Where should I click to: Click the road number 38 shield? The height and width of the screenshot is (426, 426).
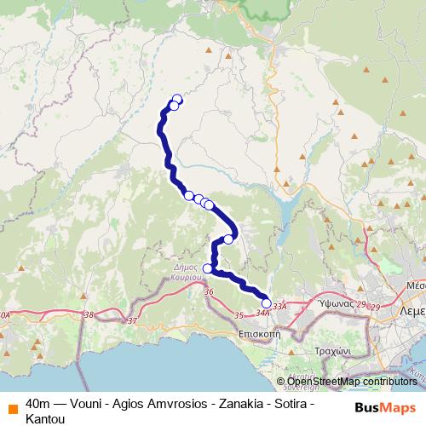(90, 315)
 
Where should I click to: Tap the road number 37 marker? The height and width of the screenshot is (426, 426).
(131, 320)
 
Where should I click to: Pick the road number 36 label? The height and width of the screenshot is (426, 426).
(209, 291)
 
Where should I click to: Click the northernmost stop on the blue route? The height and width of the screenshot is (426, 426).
(177, 99)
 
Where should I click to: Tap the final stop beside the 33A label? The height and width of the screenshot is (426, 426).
(266, 303)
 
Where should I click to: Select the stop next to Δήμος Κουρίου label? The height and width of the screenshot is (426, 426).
(207, 269)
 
